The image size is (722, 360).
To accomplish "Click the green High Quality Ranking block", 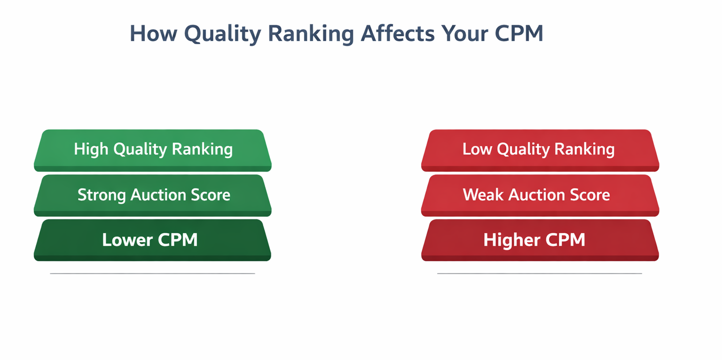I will tap(153, 149).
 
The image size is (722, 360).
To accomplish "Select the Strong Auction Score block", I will tap(153, 195).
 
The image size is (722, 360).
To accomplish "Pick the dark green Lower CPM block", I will tap(153, 240).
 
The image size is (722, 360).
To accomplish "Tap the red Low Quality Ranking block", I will tap(540, 149).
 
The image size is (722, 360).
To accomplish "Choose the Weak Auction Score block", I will tap(540, 195).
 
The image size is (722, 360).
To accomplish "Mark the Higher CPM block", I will tap(540, 240).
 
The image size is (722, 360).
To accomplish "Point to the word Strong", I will tap(102, 195).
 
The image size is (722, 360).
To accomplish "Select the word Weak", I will tap(484, 195).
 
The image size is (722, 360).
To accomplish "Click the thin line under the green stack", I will tap(152, 274).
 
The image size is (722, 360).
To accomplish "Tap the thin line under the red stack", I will tap(539, 274).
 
